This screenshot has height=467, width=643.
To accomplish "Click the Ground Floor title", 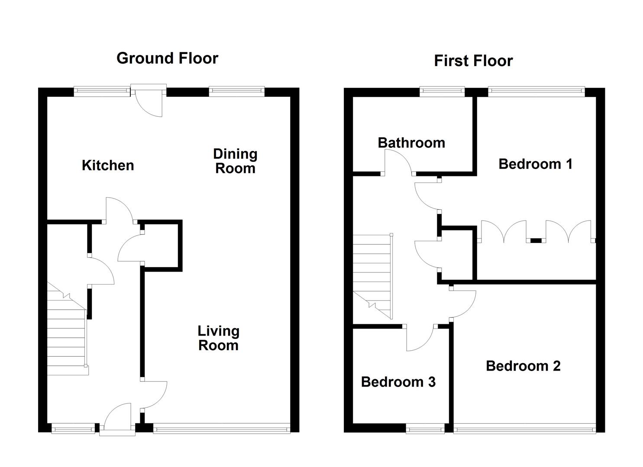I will [167, 58].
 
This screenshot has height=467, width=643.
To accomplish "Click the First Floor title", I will [473, 61].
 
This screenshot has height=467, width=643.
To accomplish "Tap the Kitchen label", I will [108, 165].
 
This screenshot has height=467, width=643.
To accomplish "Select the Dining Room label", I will [235, 161].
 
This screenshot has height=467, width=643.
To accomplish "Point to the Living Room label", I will [218, 338].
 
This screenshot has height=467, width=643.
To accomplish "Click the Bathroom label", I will [411, 143].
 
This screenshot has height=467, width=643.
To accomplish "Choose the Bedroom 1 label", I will [535, 164].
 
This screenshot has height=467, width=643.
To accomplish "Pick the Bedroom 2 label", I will [523, 366].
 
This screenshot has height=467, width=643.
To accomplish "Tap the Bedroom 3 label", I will [398, 382].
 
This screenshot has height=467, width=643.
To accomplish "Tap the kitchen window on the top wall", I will [102, 91].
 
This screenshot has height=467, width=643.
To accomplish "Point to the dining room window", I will [236, 91].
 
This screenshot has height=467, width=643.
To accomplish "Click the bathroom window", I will [442, 91].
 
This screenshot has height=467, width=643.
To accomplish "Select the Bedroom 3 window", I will [425, 429].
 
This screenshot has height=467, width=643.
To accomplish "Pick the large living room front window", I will [221, 429].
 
